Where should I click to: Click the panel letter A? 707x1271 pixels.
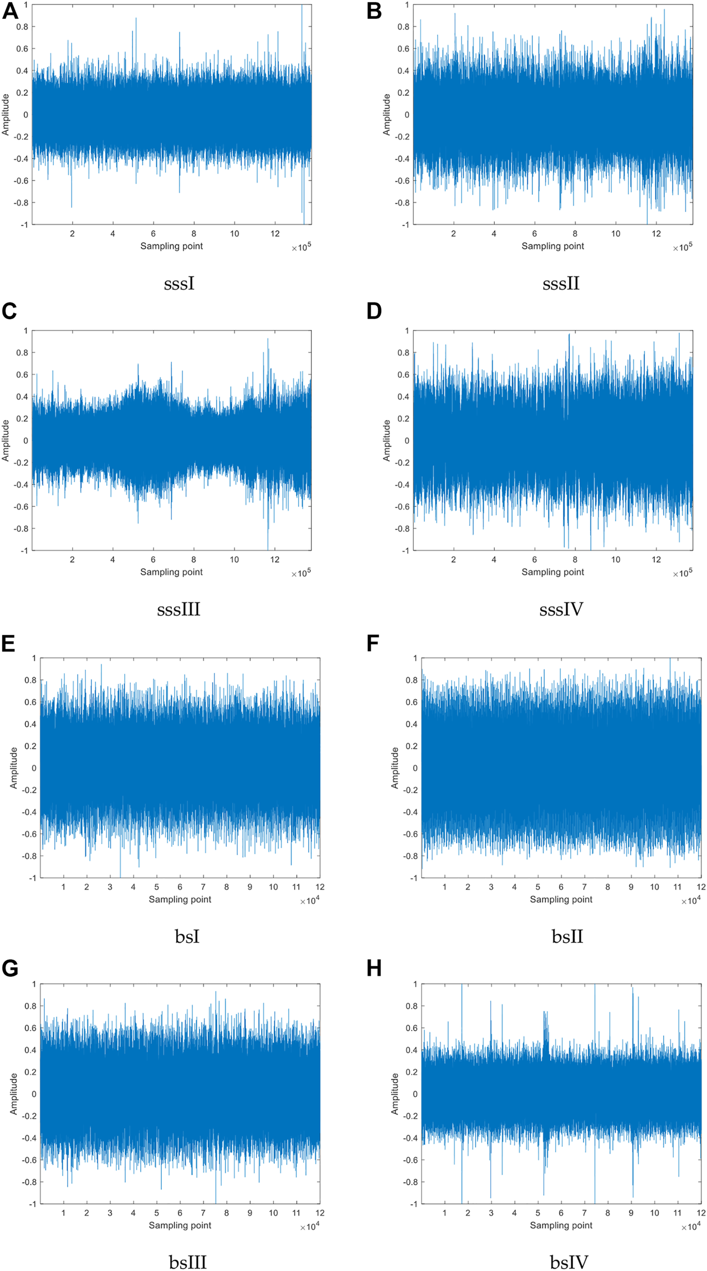tap(10, 11)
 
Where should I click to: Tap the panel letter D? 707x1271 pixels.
tap(374, 311)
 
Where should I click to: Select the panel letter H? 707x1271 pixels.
tap(375, 968)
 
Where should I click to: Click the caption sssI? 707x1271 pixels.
tap(179, 284)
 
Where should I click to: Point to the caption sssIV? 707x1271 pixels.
tap(561, 609)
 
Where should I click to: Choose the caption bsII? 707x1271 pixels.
tap(567, 936)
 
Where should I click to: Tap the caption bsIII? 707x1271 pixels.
tap(187, 1262)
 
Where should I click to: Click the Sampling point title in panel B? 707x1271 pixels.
tap(552, 246)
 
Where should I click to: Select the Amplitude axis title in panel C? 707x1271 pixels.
tap(6, 440)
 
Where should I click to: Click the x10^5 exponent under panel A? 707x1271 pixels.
tap(301, 248)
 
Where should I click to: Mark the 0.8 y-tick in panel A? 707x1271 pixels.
tap(23, 27)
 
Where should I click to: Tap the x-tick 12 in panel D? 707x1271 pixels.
tap(656, 560)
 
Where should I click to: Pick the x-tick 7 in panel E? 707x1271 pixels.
tap(203, 887)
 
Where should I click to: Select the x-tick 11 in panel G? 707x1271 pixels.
tap(296, 1213)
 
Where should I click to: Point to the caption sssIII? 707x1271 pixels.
tap(178, 609)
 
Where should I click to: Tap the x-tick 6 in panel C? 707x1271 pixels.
tap(153, 560)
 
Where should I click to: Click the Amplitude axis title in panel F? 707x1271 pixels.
tap(395, 768)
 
